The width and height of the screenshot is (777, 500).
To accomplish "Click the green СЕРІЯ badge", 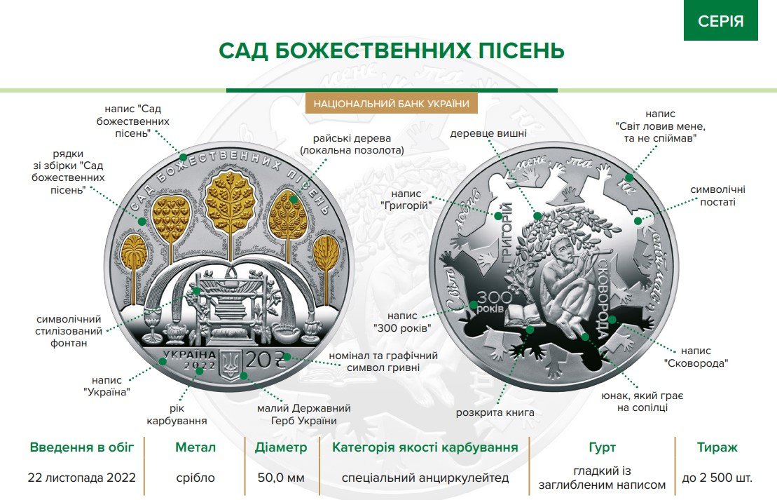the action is tap(721, 20).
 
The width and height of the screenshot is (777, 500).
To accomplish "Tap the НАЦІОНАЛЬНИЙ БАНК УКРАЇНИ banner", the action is tap(391, 103).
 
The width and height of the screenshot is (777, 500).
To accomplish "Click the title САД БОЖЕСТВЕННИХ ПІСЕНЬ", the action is tap(391, 50).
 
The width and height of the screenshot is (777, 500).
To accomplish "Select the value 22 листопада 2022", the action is tap(82, 478).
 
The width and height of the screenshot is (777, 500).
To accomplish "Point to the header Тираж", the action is tap(717, 447).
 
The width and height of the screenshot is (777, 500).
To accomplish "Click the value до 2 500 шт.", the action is tap(717, 478).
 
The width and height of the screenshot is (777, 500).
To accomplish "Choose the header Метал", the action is tap(195, 447).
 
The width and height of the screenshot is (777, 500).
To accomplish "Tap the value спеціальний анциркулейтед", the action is tap(425, 478).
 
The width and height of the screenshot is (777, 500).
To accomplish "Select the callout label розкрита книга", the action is tap(495, 412).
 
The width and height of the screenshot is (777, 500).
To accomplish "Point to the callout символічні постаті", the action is tap(717, 196).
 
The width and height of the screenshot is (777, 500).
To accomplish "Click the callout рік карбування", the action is tap(177, 414).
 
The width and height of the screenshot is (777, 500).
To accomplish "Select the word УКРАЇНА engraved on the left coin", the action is tap(189, 356).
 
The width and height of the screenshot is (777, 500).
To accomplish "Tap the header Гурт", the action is tap(603, 447).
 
